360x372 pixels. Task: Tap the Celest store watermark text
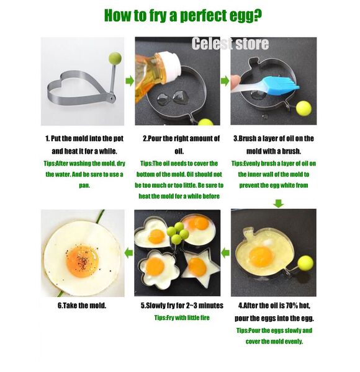[230, 43]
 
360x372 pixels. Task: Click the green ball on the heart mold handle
[115, 58]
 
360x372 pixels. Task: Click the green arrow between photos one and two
[130, 81]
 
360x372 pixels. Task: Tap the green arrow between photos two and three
[225, 81]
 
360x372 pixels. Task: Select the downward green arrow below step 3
[278, 203]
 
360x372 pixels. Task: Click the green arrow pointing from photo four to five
[225, 253]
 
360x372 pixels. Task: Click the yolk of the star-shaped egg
[197, 267]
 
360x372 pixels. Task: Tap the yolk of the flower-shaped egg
[155, 267]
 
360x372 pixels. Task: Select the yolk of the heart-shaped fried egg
[156, 237]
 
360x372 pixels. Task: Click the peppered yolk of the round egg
[83, 261]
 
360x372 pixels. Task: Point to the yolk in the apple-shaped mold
[261, 257]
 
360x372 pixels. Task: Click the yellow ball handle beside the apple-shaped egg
[305, 263]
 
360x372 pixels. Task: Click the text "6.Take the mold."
[82, 305]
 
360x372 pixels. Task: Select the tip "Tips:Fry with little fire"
[182, 317]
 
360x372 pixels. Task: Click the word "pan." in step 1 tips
[84, 185]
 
